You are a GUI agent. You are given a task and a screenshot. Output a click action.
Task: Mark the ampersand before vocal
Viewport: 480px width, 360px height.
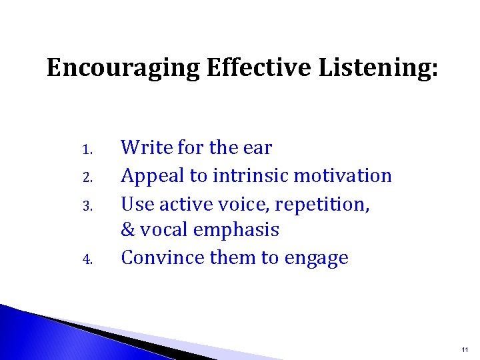pos(129,230)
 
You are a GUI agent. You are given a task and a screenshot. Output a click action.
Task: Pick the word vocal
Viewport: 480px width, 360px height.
pos(163,230)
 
